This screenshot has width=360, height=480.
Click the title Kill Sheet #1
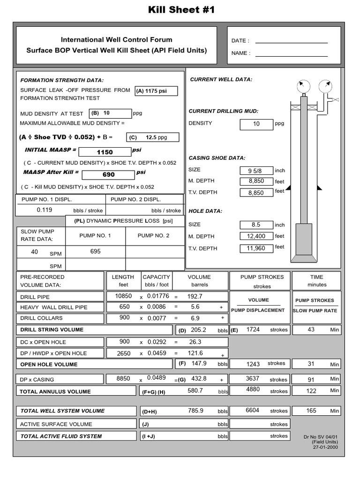click(181, 10)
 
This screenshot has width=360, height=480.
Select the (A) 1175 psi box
click(156, 91)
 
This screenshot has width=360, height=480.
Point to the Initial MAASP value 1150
click(105, 152)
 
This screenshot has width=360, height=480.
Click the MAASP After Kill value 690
click(108, 174)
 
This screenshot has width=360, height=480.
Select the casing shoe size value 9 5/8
click(256, 171)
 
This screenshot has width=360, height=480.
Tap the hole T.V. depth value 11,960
click(256, 248)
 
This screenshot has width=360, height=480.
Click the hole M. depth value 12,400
click(256, 236)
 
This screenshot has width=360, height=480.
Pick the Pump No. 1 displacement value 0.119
click(45, 210)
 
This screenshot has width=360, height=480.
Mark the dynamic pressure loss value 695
click(96, 252)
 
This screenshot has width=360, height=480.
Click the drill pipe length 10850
click(123, 296)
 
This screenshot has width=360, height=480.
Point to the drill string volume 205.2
click(198, 330)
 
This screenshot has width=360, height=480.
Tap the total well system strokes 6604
click(252, 410)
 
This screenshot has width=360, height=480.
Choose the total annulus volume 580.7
click(195, 390)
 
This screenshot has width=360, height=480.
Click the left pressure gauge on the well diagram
click(303, 86)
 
